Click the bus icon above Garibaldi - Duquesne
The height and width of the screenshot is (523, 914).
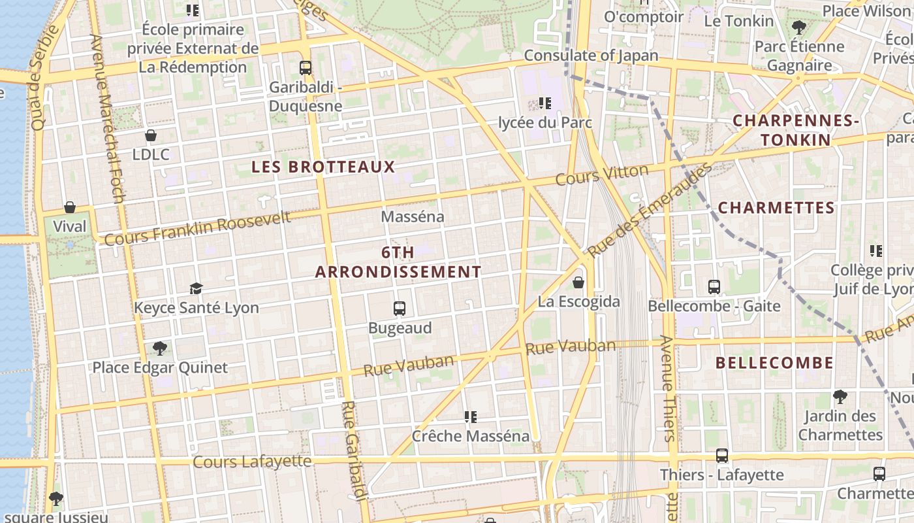coord(305,67)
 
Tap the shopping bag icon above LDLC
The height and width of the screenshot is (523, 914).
coord(151,135)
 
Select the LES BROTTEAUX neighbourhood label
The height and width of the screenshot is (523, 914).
coord(323,167)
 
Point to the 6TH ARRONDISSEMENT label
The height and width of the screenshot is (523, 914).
coord(398,262)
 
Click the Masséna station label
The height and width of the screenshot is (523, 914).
coord(412,216)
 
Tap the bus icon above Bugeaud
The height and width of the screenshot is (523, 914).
coord(400,308)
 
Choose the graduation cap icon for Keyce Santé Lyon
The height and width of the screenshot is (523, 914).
coord(196,288)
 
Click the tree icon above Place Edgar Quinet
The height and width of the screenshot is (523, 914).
coord(159,348)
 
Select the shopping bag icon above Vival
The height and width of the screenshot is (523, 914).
coord(70,207)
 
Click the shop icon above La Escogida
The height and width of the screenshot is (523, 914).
coord(578,282)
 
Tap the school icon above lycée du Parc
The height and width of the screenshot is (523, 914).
coord(544,103)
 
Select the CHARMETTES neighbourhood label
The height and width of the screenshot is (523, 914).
coord(776,208)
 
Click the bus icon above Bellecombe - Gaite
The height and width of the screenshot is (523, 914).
coord(714,286)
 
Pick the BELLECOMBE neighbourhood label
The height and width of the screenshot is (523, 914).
coord(774,363)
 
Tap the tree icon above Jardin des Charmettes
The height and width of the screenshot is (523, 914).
coord(840,396)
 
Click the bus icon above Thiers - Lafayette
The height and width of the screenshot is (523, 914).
coord(721,456)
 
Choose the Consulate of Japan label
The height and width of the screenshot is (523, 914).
coord(591,56)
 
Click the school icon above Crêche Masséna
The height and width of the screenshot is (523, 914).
coord(470,416)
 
